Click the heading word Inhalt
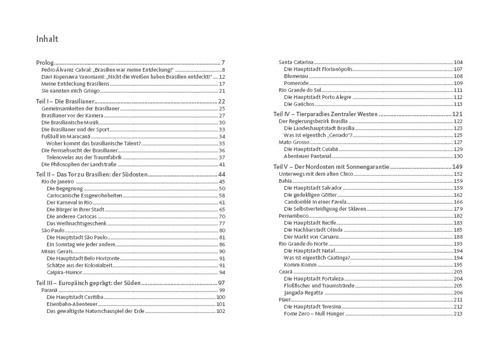48,39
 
